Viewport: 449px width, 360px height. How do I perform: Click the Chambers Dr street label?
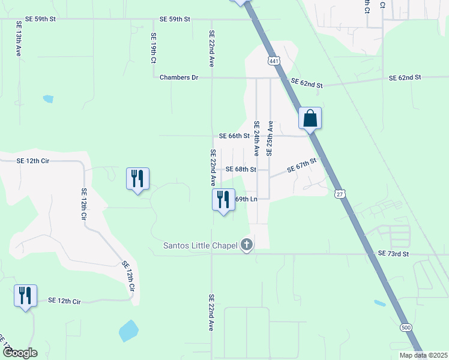click(179, 77)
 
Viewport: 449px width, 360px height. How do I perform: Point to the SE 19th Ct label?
click(154, 49)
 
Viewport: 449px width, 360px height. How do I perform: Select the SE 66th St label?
click(234, 136)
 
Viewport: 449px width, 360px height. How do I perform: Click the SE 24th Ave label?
click(256, 139)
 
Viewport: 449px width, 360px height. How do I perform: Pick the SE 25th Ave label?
click(270, 139)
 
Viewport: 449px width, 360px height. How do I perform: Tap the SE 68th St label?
click(241, 169)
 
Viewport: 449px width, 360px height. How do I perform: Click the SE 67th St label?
click(301, 166)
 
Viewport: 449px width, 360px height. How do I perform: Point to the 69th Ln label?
click(246, 199)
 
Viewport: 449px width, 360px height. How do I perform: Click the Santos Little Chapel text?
click(200, 245)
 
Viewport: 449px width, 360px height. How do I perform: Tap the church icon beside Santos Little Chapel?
click(246, 245)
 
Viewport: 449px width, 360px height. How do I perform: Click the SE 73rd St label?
click(393, 254)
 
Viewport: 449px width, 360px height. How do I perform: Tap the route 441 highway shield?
click(274, 61)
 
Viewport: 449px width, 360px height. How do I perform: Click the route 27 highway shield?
click(340, 194)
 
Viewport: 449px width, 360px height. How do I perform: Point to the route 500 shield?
click(406, 327)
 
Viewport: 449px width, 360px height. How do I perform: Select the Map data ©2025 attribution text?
click(423, 355)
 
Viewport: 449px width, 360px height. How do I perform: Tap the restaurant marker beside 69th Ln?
click(223, 199)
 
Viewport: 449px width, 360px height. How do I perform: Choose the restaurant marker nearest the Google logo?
click(25, 295)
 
